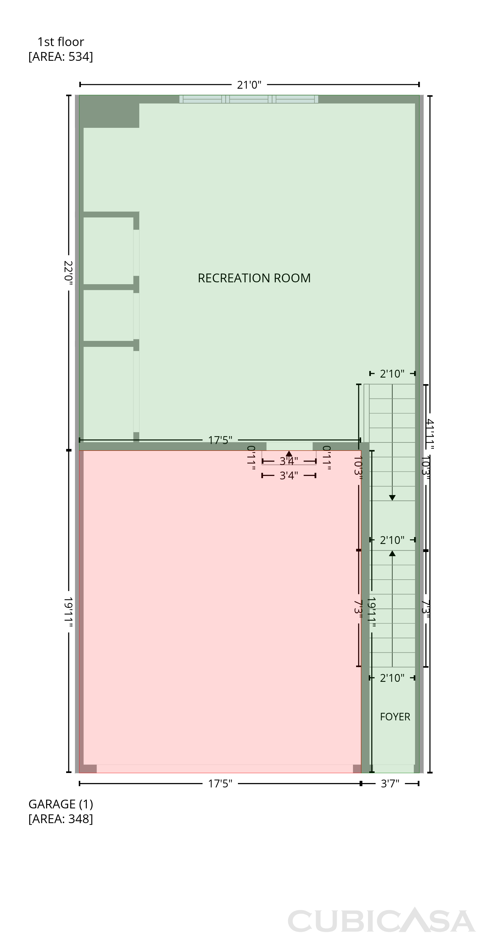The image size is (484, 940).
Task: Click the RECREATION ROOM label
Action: coord(254,278)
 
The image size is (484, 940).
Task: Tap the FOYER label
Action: coord(395,717)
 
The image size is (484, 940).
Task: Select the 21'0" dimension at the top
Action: coord(249,85)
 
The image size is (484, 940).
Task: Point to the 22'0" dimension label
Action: coord(69,273)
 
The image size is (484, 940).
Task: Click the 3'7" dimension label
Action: coord(390,783)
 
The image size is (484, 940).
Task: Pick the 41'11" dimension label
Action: coord(430,434)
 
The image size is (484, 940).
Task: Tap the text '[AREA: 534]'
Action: coord(60,57)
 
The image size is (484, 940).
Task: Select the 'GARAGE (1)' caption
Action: coord(60,804)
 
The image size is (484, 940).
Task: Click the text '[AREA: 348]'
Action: coord(60,819)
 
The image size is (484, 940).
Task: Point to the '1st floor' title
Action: coord(60,42)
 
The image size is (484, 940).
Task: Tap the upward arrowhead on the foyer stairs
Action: coord(392,554)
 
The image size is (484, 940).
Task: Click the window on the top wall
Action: coord(249,99)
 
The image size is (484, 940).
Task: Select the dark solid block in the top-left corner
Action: coord(109,112)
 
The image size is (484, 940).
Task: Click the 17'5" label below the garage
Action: coord(220,783)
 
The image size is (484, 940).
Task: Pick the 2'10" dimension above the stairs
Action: coord(392,374)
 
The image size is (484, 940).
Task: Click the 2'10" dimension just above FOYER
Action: coord(392,678)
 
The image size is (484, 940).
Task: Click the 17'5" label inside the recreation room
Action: coord(220,441)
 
